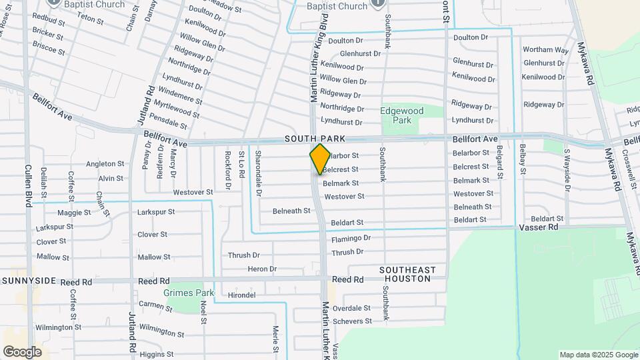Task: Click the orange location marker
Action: [321, 158]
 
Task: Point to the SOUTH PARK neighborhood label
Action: [315, 139]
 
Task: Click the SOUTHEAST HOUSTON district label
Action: [407, 274]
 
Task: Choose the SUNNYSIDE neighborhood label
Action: [29, 282]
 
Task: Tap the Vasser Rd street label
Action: [538, 227]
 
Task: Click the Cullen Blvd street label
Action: [29, 186]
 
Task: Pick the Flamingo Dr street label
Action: [351, 238]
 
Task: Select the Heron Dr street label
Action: [262, 269]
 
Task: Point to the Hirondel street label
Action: [241, 295]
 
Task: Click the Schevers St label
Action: [352, 321]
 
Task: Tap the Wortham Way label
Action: [545, 50]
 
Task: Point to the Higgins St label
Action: [157, 354]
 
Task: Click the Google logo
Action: [22, 351]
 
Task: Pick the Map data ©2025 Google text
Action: [598, 355]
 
